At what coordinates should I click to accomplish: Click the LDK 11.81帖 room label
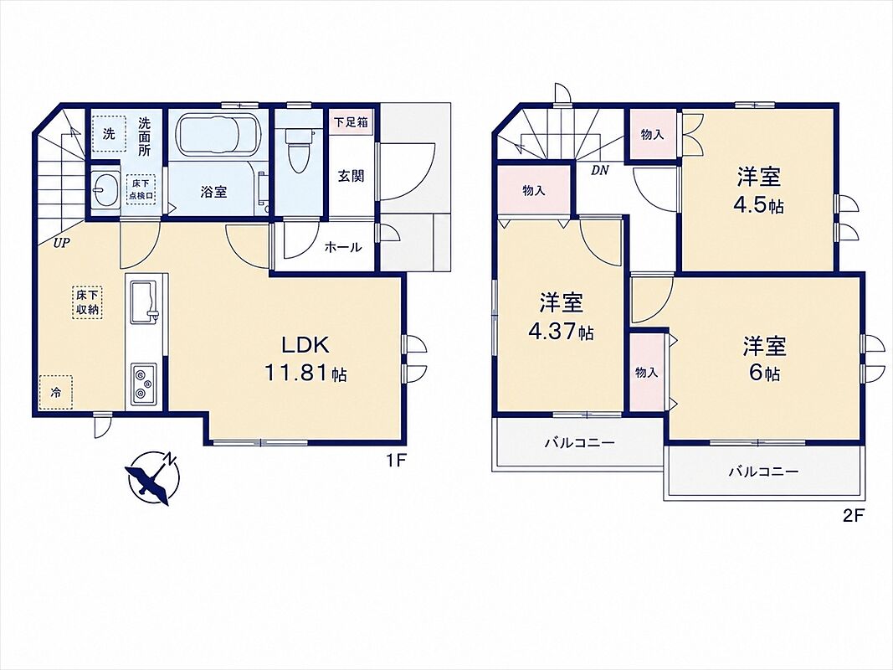coord(305,358)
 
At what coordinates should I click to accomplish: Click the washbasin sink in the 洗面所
coord(105,186)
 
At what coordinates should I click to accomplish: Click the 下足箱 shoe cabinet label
coord(351,122)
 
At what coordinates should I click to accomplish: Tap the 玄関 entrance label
coord(351,176)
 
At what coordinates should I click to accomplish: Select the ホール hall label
coord(342,247)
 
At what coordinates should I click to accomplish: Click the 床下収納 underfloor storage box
coord(88,302)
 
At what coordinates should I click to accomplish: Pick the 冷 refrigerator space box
coord(56,392)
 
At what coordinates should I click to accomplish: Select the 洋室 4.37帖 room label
coord(561,317)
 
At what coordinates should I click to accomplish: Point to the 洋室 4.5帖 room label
coord(759,190)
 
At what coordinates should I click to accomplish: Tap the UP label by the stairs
coord(61,244)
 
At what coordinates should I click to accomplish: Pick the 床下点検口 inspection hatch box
coord(141,189)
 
